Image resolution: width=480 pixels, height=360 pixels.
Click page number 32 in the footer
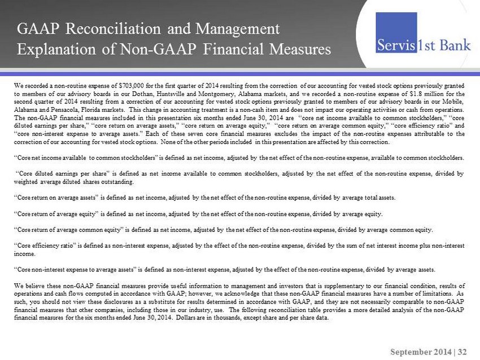point(463,351)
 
